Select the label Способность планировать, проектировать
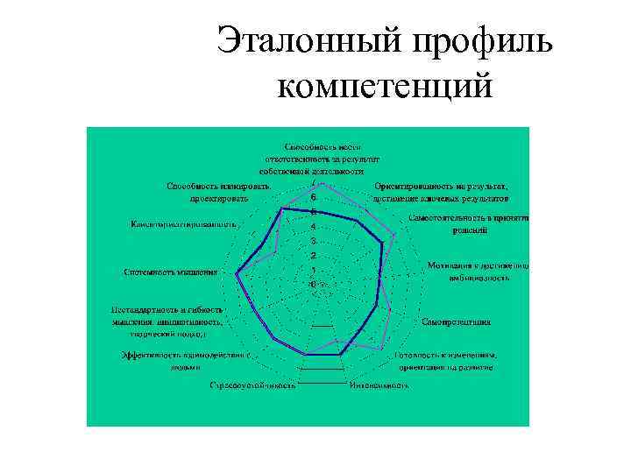click(218, 193)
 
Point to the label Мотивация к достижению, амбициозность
click(477, 272)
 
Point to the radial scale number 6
click(313, 199)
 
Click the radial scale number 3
click(313, 242)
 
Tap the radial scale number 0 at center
click(313, 284)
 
